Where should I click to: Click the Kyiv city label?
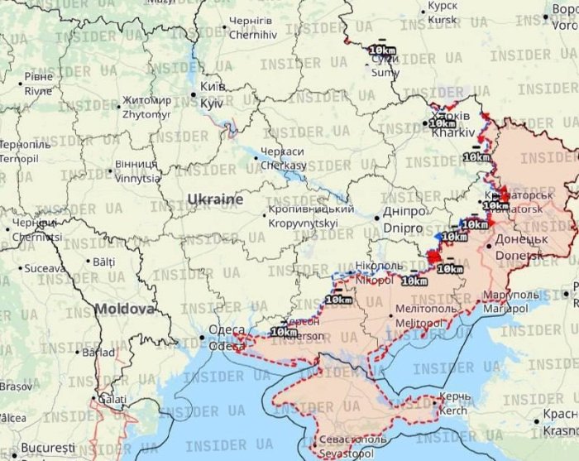[213, 94]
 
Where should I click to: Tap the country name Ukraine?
[215, 199]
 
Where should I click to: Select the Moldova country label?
[124, 309]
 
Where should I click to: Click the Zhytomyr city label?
[146, 107]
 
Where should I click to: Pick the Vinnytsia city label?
[137, 171]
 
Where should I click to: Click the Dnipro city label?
[403, 219]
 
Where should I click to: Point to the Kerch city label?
[454, 404]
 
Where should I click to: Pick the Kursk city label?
[442, 12]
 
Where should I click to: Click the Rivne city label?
[38, 84]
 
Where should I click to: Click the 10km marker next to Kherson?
[284, 332]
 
